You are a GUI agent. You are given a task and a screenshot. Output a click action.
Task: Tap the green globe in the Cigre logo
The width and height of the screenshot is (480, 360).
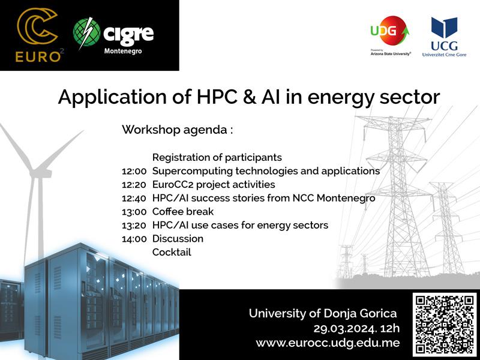pyautogui.click(x=86, y=33)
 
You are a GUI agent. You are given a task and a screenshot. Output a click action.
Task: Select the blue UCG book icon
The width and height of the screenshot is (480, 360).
pyautogui.click(x=444, y=28)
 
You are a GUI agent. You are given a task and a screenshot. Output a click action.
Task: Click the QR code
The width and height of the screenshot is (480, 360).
pyautogui.click(x=444, y=325)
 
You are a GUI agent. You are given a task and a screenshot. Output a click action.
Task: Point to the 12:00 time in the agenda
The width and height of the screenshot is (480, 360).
pyautogui.click(x=134, y=171)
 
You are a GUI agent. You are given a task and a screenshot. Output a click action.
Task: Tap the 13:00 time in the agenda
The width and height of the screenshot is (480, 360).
pyautogui.click(x=134, y=212)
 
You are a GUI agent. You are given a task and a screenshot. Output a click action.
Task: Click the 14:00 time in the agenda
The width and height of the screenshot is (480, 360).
pyautogui.click(x=134, y=239)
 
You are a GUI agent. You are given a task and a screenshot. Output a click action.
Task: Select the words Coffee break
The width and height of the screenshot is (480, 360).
pyautogui.click(x=183, y=212)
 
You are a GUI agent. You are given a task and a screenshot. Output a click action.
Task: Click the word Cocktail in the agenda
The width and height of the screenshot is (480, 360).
pyautogui.click(x=172, y=252)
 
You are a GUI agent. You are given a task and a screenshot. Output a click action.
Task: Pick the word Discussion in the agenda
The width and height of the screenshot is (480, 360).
pyautogui.click(x=178, y=238)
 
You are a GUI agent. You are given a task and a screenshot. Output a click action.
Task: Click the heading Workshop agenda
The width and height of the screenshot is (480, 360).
pyautogui.click(x=177, y=130)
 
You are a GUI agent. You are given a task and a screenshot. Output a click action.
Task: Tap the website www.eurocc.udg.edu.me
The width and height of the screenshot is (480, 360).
pyautogui.click(x=328, y=343)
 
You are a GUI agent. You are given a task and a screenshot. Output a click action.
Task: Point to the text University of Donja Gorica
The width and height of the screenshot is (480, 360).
pyautogui.click(x=323, y=313)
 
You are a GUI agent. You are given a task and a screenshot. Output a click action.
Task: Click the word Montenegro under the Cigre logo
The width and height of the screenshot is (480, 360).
pyautogui.click(x=123, y=51)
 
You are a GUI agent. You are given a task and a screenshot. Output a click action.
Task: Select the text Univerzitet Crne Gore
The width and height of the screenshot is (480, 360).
pyautogui.click(x=444, y=55)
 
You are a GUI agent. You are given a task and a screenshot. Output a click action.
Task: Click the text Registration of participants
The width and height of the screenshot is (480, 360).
pyautogui.click(x=217, y=157)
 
